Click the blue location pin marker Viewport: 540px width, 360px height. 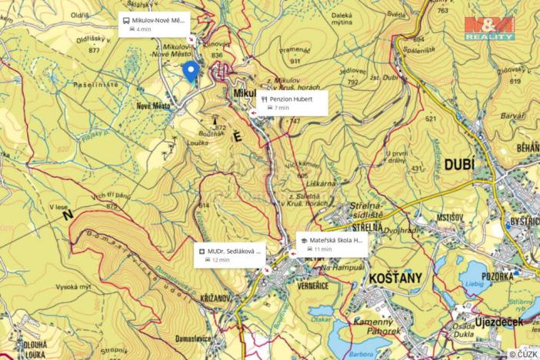[192, 72]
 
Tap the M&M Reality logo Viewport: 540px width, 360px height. [489, 28]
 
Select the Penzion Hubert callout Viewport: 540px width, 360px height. [292, 102]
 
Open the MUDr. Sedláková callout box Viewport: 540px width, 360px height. [229, 255]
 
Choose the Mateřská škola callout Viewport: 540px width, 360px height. [331, 244]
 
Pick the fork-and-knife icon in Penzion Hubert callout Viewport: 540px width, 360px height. [264, 98]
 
